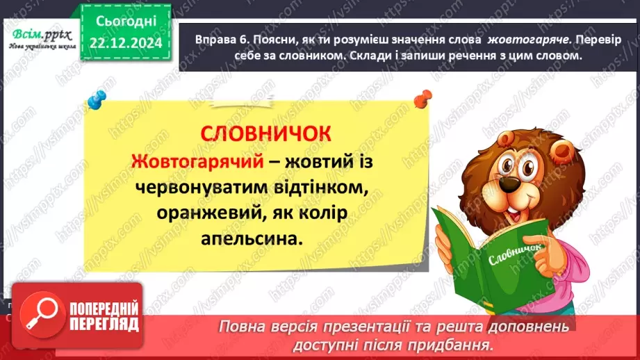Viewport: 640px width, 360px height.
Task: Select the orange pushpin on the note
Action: [421, 101]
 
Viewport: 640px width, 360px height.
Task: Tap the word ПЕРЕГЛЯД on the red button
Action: [103, 324]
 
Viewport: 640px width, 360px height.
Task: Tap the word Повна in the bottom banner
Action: [243, 325]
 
